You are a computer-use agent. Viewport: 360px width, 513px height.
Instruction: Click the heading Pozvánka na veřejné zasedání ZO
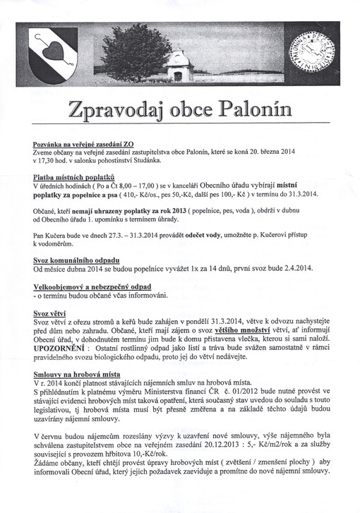[x=88, y=143]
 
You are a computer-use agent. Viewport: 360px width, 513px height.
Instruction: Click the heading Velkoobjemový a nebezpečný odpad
[x=92, y=286]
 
